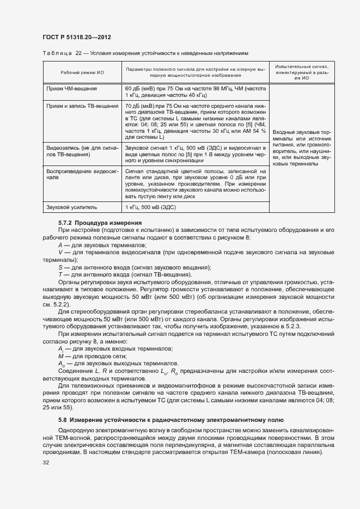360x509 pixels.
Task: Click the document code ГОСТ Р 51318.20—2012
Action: click(77, 38)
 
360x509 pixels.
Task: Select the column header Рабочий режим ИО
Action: click(82, 72)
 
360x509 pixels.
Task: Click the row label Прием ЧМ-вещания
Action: click(72, 88)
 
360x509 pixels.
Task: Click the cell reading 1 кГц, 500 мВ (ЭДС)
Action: click(151, 207)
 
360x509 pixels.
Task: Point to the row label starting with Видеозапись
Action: click(82, 151)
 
